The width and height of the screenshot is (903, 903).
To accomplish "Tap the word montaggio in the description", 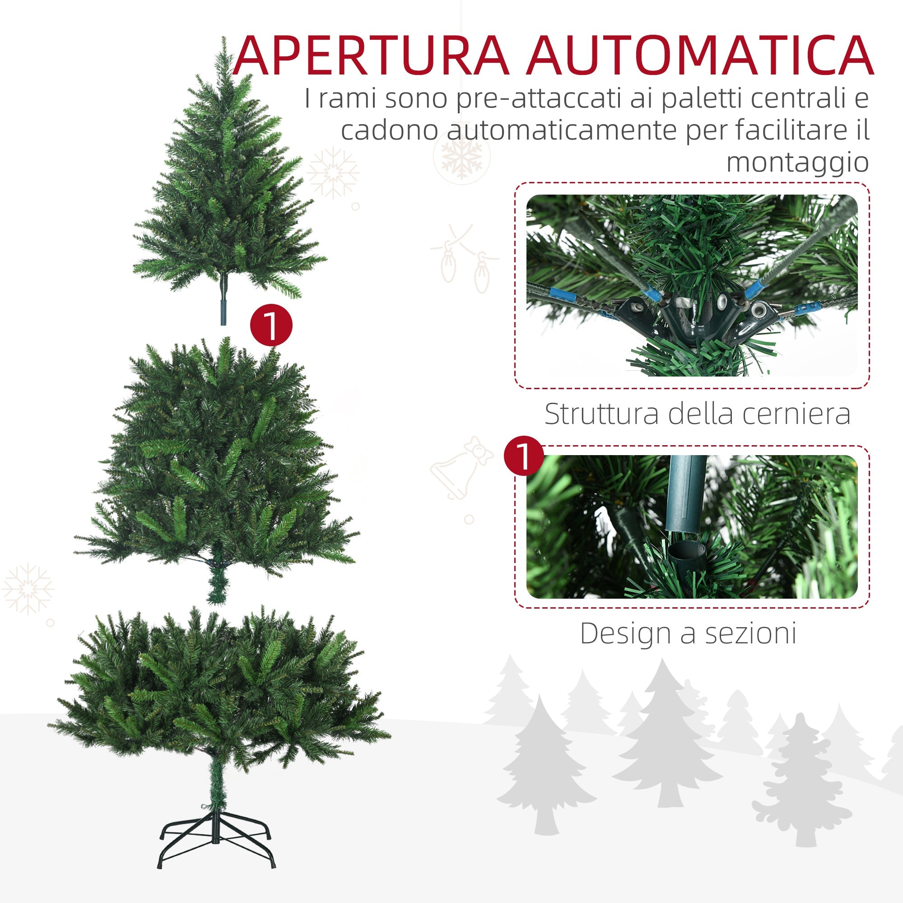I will [x=797, y=163].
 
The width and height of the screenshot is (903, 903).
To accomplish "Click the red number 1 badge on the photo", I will [x=524, y=456].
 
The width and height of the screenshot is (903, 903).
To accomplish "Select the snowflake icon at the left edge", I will [x=28, y=589].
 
